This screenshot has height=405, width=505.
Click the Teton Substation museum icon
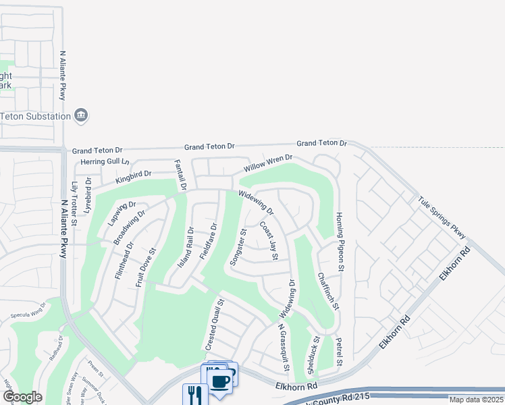click(x=81, y=115)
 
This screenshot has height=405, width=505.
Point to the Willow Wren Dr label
click(x=268, y=163)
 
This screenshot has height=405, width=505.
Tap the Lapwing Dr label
click(x=122, y=212)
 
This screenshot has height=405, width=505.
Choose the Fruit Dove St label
click(x=146, y=267)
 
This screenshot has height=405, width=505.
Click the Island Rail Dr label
click(x=186, y=246)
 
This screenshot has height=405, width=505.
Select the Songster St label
click(x=238, y=248)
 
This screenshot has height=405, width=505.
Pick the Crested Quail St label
click(x=213, y=325)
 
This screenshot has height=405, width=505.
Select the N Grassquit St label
click(x=284, y=347)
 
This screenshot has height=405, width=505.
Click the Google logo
click(x=22, y=397)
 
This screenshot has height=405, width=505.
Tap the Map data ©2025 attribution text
click(x=475, y=400)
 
